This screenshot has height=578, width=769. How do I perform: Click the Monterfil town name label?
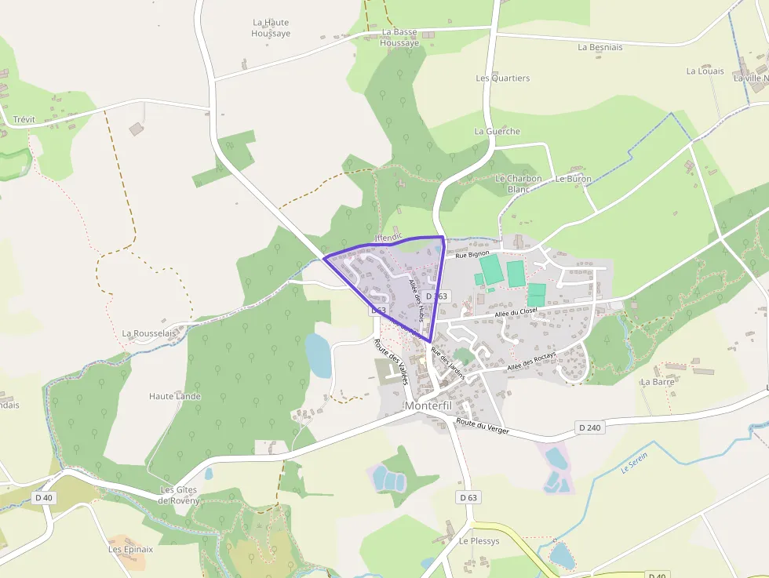(430, 405)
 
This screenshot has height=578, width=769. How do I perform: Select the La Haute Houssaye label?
(271, 28)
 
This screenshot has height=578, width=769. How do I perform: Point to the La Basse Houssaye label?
(399, 38)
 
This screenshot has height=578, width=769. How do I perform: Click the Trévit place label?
(24, 120)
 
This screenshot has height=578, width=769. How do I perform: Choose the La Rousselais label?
(149, 333)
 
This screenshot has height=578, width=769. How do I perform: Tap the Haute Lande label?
(175, 396)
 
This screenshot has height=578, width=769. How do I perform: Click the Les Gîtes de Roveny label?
(179, 495)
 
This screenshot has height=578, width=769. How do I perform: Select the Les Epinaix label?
(130, 549)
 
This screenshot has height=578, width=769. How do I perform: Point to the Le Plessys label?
(479, 541)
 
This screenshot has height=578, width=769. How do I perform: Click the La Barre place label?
(658, 382)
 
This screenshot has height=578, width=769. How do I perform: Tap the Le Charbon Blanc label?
(518, 184)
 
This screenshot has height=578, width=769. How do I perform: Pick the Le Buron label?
(573, 179)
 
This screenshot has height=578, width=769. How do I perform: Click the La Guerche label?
(497, 131)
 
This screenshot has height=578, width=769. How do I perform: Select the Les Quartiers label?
(503, 78)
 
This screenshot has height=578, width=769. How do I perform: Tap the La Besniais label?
(600, 47)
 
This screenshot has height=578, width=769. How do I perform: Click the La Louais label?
(705, 71)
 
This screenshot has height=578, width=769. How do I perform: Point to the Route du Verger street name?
(483, 427)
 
